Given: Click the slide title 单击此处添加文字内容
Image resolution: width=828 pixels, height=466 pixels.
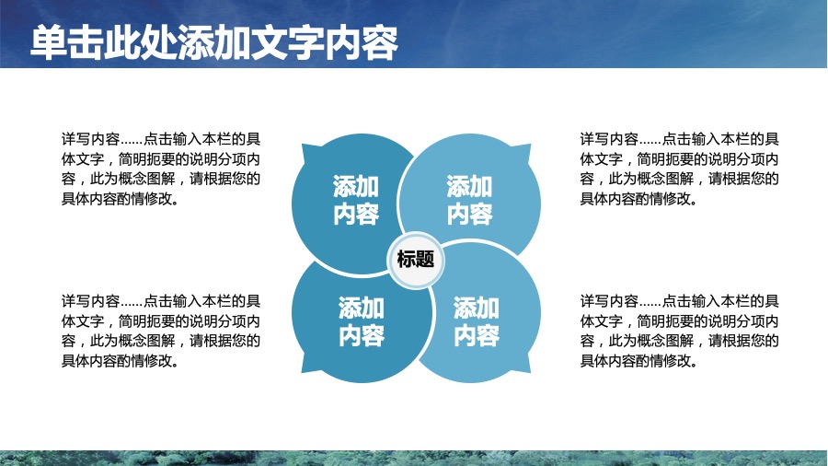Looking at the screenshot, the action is (x=213, y=42).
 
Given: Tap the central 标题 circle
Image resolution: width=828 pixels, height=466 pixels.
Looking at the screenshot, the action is (x=416, y=260).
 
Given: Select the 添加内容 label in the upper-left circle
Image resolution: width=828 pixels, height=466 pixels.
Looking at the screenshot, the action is (x=356, y=200).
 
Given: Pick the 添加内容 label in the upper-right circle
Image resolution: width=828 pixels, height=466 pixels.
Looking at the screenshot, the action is (x=469, y=200).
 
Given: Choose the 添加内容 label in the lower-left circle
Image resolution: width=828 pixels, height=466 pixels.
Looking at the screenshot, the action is (x=362, y=321).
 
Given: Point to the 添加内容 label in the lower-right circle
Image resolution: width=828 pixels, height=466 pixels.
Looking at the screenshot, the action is (x=477, y=321).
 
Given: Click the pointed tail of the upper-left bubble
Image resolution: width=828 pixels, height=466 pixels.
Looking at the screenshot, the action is (x=303, y=146).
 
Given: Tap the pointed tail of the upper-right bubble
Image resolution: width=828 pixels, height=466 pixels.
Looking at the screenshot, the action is (x=530, y=145).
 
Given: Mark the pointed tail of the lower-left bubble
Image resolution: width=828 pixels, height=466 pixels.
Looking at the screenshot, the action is (x=302, y=372).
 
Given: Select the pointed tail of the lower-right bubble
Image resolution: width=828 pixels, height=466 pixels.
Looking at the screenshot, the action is (x=530, y=372).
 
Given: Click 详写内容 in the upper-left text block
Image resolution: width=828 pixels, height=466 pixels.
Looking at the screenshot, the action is (x=91, y=139).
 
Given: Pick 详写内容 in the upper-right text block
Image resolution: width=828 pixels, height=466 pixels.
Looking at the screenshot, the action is (x=609, y=139).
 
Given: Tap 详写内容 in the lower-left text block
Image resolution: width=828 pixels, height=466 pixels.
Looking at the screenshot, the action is (x=91, y=301).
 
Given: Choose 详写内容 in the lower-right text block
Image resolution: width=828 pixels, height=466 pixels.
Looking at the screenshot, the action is (x=609, y=301).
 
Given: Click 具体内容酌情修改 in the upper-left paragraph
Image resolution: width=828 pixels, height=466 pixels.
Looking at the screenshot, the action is (x=117, y=199).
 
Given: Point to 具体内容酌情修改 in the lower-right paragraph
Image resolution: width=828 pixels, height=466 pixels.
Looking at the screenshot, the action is (x=635, y=361).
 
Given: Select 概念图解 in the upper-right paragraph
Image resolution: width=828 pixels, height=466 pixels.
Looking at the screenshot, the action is (x=665, y=179).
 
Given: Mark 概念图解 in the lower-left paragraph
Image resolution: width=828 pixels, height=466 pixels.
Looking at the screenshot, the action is (x=147, y=341).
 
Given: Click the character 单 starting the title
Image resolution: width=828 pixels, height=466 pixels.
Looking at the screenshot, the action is (x=49, y=42).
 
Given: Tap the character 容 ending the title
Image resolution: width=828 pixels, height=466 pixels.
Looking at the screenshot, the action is (x=380, y=42).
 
